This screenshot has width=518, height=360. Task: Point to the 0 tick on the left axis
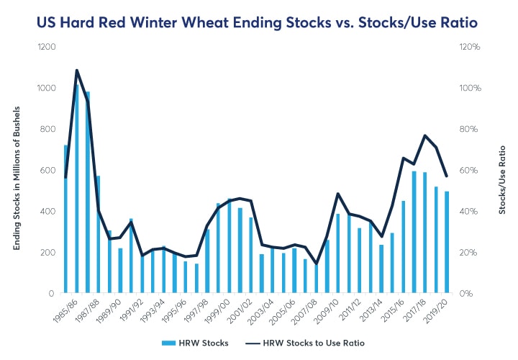pyautogui.click(x=52, y=294)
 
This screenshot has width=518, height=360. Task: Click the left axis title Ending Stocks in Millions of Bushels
pyautogui.click(x=16, y=171)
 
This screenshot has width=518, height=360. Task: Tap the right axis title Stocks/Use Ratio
pyautogui.click(x=501, y=171)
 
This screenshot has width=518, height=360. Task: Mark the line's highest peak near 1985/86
pyautogui.click(x=76, y=71)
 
